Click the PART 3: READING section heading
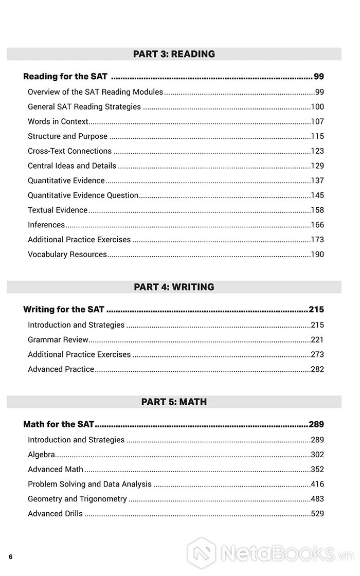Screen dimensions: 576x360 coord(174,54)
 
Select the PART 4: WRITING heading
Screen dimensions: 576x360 coord(174,287)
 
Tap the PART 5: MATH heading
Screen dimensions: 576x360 coord(174,402)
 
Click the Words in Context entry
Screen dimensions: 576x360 coord(58,122)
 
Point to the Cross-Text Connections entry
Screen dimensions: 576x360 coord(69,151)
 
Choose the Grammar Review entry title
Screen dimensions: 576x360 coord(58,340)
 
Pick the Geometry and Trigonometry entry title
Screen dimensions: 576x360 coord(77,499)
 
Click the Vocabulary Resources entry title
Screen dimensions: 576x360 coord(67,255)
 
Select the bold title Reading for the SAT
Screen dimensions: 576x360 coord(65,77)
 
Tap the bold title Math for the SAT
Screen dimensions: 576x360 coord(59,425)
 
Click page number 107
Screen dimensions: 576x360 coord(317,122)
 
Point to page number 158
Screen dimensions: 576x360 coord(317,210)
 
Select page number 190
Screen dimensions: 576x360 coord(317,255)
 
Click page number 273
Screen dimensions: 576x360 coord(317,355)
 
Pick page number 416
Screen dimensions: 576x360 coord(317,484)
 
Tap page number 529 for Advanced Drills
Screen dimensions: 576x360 coord(317,514)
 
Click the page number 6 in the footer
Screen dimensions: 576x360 coord(10,556)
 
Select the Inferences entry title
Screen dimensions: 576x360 coord(46,225)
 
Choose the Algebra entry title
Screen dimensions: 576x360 coord(42,455)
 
